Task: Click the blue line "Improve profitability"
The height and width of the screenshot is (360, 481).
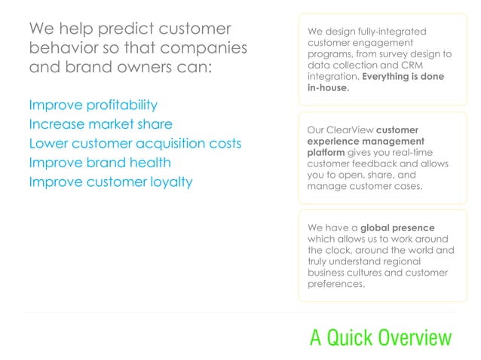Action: pos(93,105)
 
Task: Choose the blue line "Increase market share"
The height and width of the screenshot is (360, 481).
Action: pos(100,124)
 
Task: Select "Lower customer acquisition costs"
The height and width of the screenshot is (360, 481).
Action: pos(135,143)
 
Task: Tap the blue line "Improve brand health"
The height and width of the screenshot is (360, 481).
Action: pos(100,163)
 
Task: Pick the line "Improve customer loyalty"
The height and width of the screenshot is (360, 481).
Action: pos(110,182)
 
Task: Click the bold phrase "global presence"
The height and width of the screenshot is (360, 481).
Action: pos(397,227)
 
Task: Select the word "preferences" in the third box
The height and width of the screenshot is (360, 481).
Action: pos(336,284)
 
